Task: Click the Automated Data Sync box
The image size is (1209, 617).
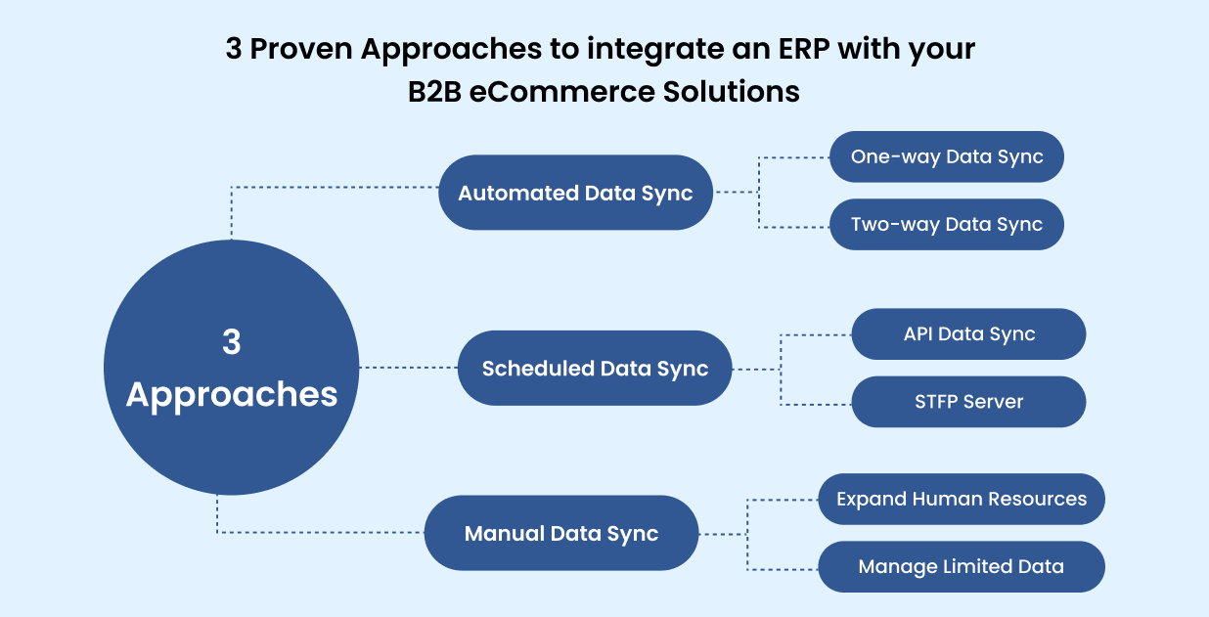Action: click(575, 193)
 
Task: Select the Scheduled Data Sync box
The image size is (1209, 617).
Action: click(595, 369)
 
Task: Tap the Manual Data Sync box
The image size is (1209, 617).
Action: click(561, 534)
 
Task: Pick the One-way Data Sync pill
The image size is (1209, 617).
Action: click(947, 156)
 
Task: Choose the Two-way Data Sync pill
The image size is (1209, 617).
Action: click(947, 224)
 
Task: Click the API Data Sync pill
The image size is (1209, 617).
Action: click(968, 334)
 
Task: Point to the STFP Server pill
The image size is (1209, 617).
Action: click(968, 402)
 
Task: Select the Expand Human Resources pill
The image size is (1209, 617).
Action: click(962, 499)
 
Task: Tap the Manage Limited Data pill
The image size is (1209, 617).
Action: click(962, 566)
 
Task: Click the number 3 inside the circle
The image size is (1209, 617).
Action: click(232, 342)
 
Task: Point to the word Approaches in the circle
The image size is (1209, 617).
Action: click(232, 394)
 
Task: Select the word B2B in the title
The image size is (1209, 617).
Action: click(434, 92)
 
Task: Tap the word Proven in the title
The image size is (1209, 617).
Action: click(302, 49)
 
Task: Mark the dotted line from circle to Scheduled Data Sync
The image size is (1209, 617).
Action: click(409, 368)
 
